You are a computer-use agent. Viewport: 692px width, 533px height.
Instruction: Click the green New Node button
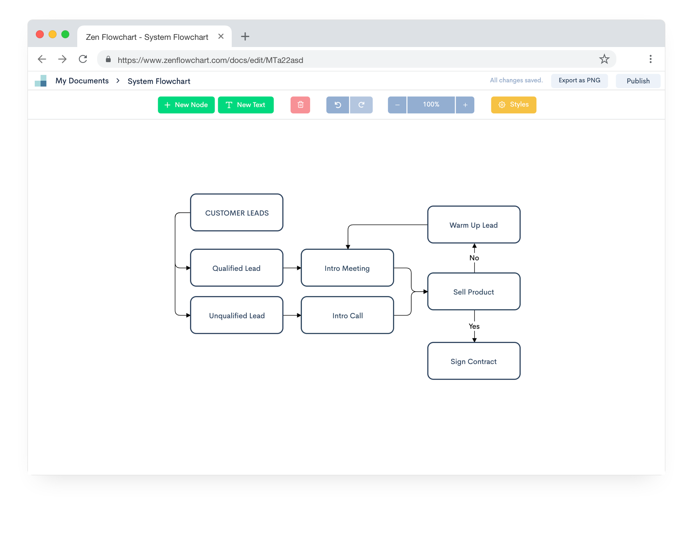186,105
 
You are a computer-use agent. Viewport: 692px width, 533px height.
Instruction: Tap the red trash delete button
300,105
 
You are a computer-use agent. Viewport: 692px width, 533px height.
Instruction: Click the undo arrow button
338,105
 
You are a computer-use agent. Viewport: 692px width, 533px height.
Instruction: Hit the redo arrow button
362,105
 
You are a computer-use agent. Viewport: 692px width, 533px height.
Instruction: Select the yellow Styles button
513,105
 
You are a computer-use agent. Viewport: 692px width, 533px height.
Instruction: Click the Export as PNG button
579,80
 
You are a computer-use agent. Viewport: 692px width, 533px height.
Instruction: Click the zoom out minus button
397,105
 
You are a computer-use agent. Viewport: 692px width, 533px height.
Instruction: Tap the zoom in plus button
465,105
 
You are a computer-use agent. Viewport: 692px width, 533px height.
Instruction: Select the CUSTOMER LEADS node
237,213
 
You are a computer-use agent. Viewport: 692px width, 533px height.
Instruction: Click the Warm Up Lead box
473,225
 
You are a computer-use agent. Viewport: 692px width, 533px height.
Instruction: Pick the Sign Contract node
473,361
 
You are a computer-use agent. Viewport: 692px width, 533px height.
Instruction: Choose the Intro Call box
347,315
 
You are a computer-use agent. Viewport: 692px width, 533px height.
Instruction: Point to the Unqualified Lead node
237,315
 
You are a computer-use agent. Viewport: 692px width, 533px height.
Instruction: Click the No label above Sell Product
474,258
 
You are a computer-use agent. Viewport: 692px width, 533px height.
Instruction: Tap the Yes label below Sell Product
474,326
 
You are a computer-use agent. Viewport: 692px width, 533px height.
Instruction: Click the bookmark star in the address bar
604,59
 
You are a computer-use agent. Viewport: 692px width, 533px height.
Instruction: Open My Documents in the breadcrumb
82,81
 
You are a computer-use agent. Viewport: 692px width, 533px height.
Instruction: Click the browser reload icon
83,59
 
